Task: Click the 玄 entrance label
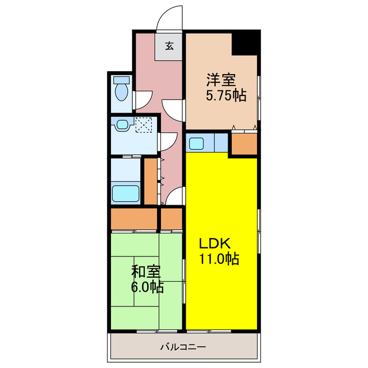pos(170,47)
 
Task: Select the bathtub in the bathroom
pos(126,193)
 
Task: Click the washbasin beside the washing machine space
pos(122,124)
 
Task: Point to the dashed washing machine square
pos(143,124)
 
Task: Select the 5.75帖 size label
pos(226,96)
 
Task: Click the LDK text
pos(214,242)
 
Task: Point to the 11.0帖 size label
pos(220,259)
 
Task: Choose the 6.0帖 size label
pos(147,286)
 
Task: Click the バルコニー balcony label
pos(182,347)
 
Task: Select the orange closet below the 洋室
pos(244,144)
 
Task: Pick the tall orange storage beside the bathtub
pos(151,181)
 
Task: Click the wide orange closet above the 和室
pos(134,219)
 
